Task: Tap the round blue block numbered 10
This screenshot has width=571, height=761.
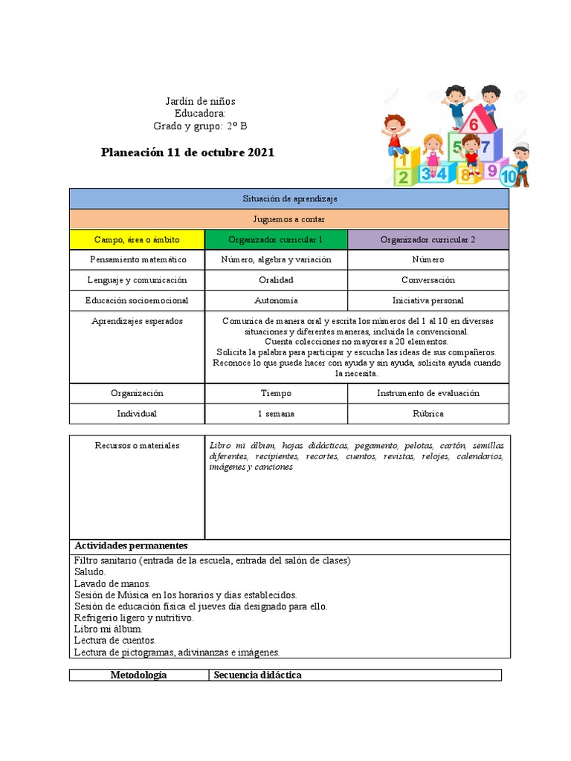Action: [x=509, y=177]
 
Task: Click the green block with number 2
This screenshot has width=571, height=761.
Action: [x=403, y=177]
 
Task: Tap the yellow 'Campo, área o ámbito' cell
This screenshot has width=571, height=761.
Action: [x=137, y=240]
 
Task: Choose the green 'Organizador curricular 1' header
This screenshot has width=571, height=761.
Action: [x=276, y=240]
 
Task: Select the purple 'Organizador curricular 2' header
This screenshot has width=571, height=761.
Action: [x=428, y=240]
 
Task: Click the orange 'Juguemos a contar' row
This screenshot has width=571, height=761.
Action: [x=289, y=219]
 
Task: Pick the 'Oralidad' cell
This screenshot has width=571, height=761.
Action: [x=276, y=280]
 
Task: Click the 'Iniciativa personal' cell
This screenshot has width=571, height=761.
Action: [x=428, y=301]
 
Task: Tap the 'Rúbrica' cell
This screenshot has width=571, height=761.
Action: [x=428, y=414]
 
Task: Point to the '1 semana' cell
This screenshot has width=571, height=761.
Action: [x=276, y=414]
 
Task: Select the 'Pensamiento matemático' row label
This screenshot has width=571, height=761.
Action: [x=137, y=260]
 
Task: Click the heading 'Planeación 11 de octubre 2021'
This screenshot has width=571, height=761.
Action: [x=188, y=152]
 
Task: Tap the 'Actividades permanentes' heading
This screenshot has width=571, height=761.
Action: [x=131, y=546]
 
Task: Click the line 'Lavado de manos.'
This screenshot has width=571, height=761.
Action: [x=112, y=584]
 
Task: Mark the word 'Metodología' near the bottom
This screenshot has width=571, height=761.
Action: [x=138, y=676]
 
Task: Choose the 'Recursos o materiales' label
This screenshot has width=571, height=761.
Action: [x=137, y=446]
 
